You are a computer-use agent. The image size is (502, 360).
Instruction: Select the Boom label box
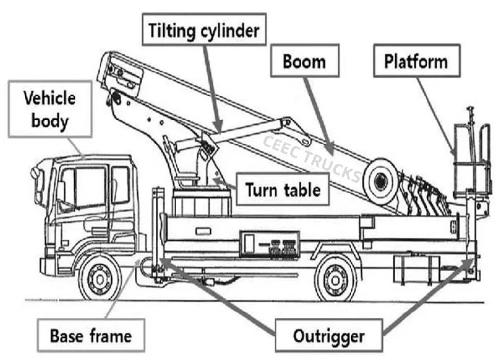point(304,61)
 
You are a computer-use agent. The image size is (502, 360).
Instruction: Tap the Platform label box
point(416,61)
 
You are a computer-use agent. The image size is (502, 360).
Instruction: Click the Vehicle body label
point(50,108)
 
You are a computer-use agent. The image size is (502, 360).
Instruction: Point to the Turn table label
point(282,189)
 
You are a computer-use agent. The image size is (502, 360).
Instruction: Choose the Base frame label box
point(91,336)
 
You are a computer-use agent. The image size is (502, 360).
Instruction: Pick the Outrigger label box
point(328,336)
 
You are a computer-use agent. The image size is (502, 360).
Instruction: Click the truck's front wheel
point(100,279)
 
